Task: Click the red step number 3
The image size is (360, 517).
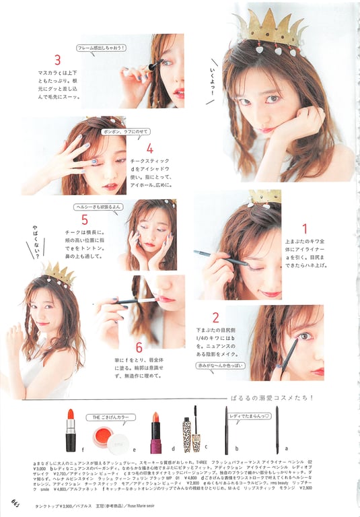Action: (x=58, y=61)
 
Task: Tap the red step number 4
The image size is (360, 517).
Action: (x=149, y=149)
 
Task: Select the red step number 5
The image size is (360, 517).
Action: (x=84, y=219)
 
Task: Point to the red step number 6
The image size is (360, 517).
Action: (x=139, y=347)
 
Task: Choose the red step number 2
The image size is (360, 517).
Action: (x=215, y=318)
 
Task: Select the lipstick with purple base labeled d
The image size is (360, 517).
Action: (x=155, y=434)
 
